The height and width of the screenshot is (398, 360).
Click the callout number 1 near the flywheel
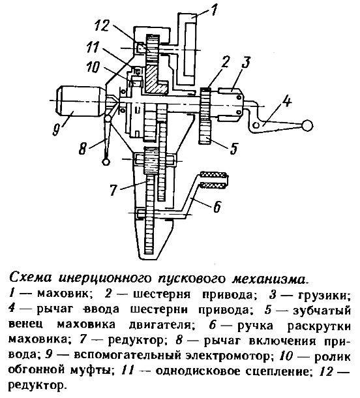[213, 9]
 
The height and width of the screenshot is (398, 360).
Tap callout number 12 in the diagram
[102, 26]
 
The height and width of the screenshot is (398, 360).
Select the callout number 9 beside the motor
[55, 129]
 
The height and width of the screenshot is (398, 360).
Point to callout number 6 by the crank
[217, 206]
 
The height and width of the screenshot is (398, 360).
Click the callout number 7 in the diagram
[113, 190]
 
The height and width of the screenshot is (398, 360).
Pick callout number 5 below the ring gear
[233, 148]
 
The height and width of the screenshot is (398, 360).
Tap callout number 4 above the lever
[286, 101]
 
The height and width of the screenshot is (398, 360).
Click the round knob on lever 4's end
[307, 125]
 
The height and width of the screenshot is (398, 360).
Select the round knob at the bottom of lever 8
[106, 161]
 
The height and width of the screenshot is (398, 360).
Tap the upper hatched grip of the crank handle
[213, 175]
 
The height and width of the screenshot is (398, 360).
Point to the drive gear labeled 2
[205, 104]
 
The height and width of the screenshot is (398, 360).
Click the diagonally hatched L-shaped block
[155, 80]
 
